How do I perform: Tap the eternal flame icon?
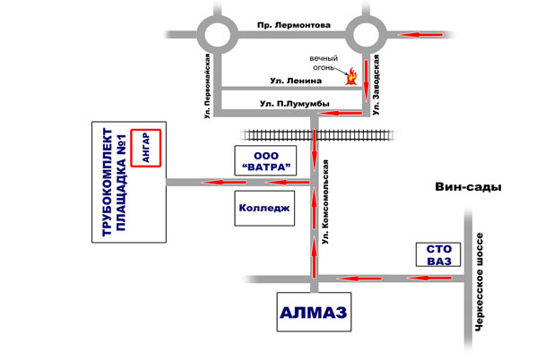point(351,76)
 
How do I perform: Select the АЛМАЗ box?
point(314,312)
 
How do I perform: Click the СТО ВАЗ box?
point(438,254)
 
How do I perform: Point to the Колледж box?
point(264,208)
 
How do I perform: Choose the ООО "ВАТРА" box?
point(265,160)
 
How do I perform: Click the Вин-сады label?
point(468,187)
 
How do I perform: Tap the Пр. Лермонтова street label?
point(294,25)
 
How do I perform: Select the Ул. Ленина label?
point(296,81)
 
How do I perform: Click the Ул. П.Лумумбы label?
point(295,104)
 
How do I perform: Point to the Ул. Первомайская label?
point(207,86)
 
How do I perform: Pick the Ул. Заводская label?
point(376,85)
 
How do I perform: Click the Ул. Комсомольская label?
point(325,201)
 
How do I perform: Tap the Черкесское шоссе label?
point(480,282)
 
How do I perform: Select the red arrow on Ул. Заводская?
point(366,81)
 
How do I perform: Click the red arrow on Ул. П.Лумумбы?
point(340,113)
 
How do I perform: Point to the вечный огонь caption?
point(324,63)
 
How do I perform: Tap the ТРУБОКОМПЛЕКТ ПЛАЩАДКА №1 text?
point(115,182)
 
